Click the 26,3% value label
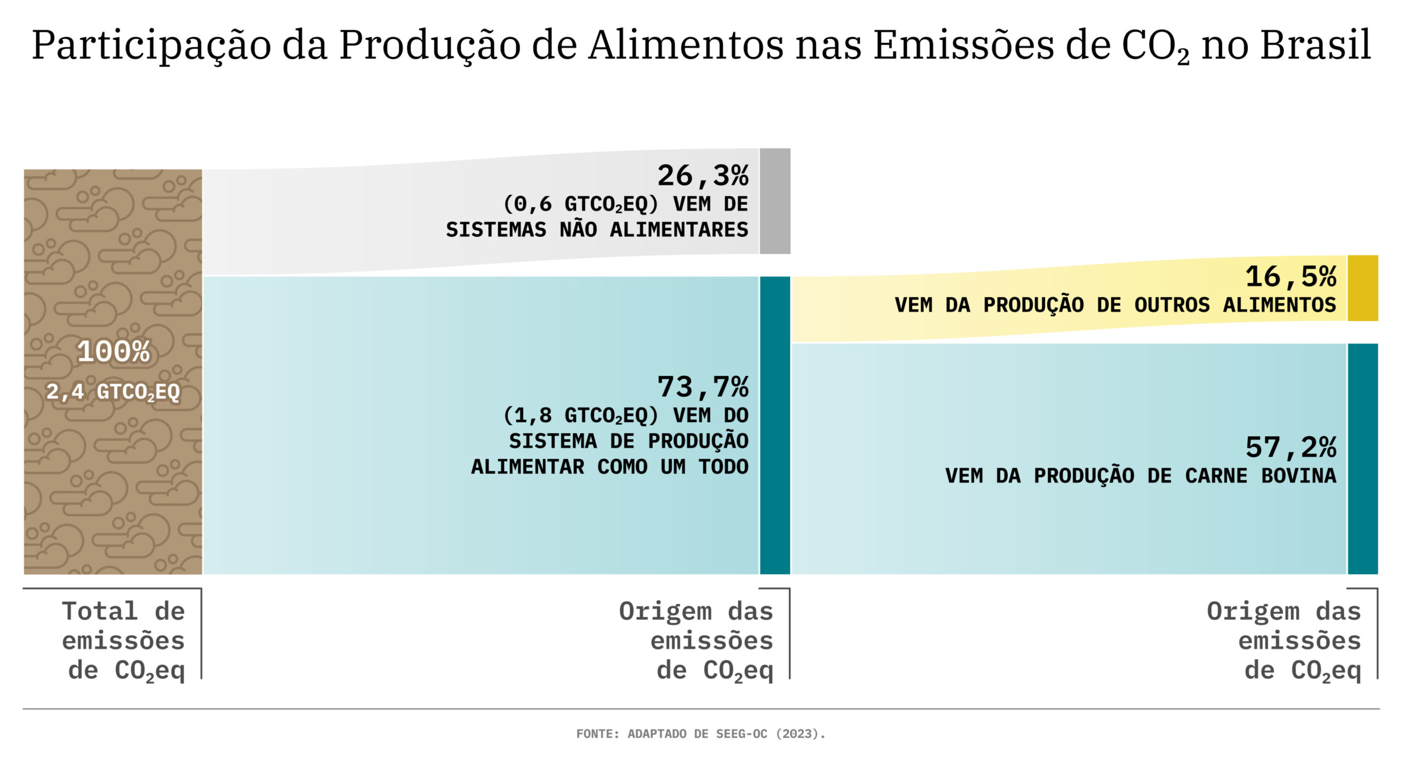point(703,176)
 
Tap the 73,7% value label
point(703,387)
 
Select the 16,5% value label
point(1291,277)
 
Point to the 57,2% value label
point(1291,448)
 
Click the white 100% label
point(113,352)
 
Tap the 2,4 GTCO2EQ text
point(113,392)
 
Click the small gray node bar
point(774,201)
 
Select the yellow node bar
point(1362,288)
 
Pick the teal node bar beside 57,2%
point(1362,459)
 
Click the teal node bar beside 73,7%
point(774,425)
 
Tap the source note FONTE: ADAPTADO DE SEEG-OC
point(700,733)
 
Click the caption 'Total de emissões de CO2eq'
point(123,641)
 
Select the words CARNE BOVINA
point(1261,476)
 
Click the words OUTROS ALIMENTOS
point(1235,305)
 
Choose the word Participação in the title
point(151,45)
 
